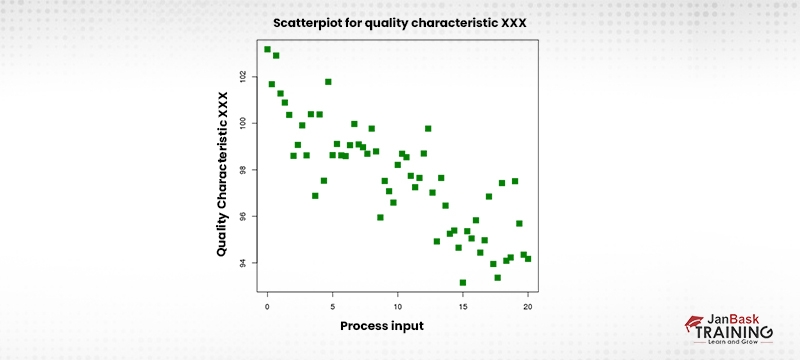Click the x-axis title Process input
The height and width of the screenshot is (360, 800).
pos(381,326)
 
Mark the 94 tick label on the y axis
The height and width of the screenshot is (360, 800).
pos(243,263)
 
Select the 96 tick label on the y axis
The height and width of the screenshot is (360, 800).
pos(243,216)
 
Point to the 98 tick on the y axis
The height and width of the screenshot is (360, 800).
pos(243,170)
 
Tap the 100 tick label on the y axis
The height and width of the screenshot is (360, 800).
pos(243,123)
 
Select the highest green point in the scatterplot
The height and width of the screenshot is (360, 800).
pos(267,49)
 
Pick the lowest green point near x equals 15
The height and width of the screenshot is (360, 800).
pos(462,283)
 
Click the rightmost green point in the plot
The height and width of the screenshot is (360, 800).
pos(528,258)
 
